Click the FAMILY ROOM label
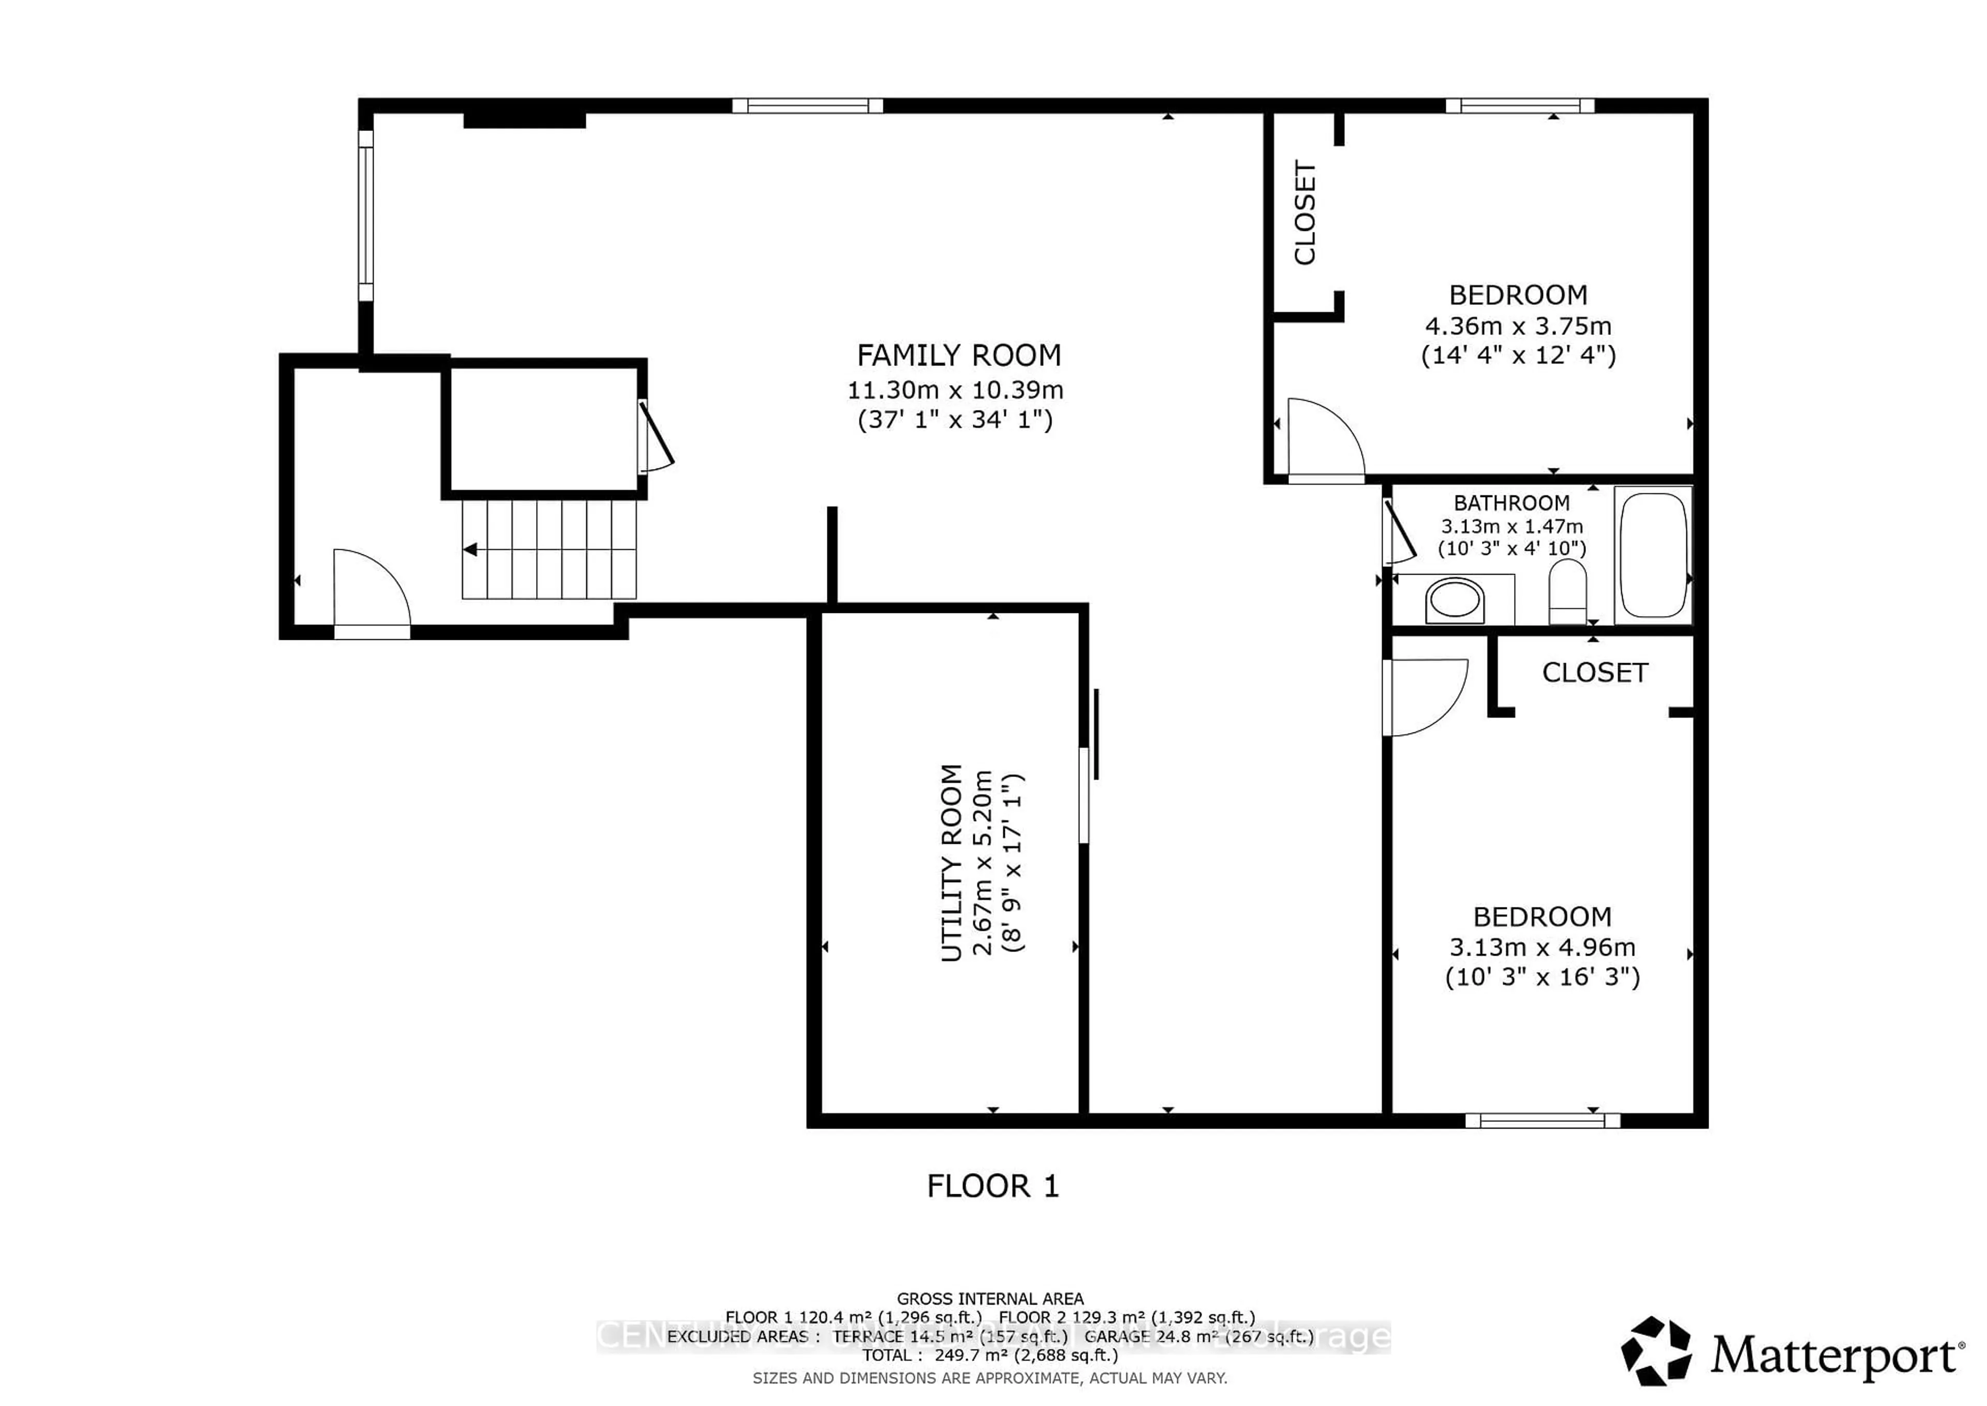pyautogui.click(x=958, y=356)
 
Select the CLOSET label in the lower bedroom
pyautogui.click(x=1594, y=672)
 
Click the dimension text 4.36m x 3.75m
pyautogui.click(x=1518, y=326)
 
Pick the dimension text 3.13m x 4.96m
pyautogui.click(x=1542, y=947)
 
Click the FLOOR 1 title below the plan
pyautogui.click(x=992, y=1186)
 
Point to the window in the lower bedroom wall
pyautogui.click(x=1542, y=1120)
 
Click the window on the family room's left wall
pyautogui.click(x=366, y=216)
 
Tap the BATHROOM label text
pyautogui.click(x=1511, y=503)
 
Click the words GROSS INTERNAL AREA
pyautogui.click(x=990, y=1299)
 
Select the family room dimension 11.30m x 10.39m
pyautogui.click(x=955, y=390)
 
